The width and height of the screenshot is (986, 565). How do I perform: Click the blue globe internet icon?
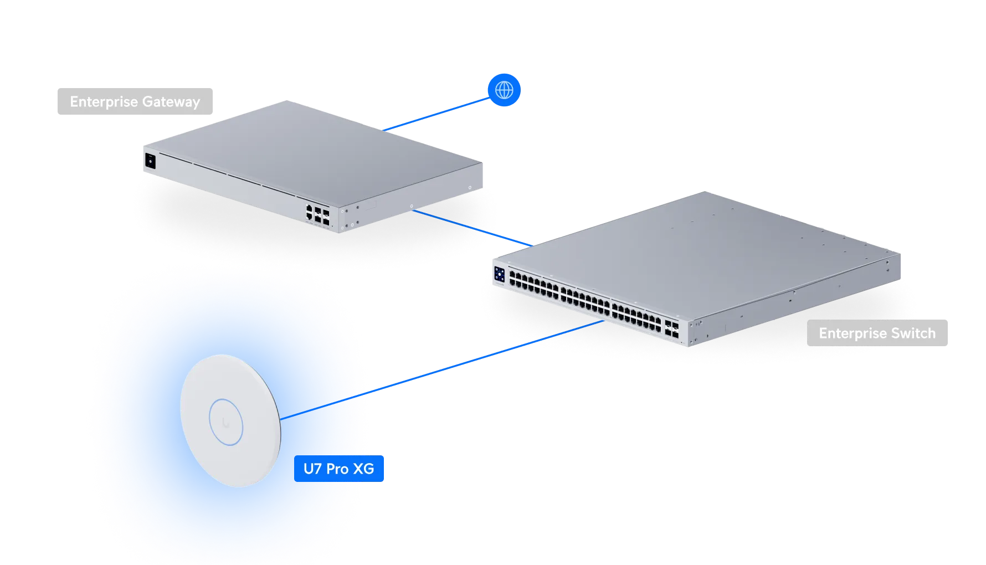click(504, 90)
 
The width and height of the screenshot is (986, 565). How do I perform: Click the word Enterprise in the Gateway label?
click(104, 102)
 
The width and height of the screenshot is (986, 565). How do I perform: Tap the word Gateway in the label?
click(171, 102)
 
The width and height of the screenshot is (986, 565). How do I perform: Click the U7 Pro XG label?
click(339, 469)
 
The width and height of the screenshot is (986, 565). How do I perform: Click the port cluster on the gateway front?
click(317, 214)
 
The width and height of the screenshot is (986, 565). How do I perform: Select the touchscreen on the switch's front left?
click(499, 274)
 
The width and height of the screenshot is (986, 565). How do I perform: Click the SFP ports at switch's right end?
click(671, 329)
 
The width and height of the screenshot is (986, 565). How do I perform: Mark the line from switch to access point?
click(482, 357)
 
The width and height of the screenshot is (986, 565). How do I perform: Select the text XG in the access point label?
click(363, 469)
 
